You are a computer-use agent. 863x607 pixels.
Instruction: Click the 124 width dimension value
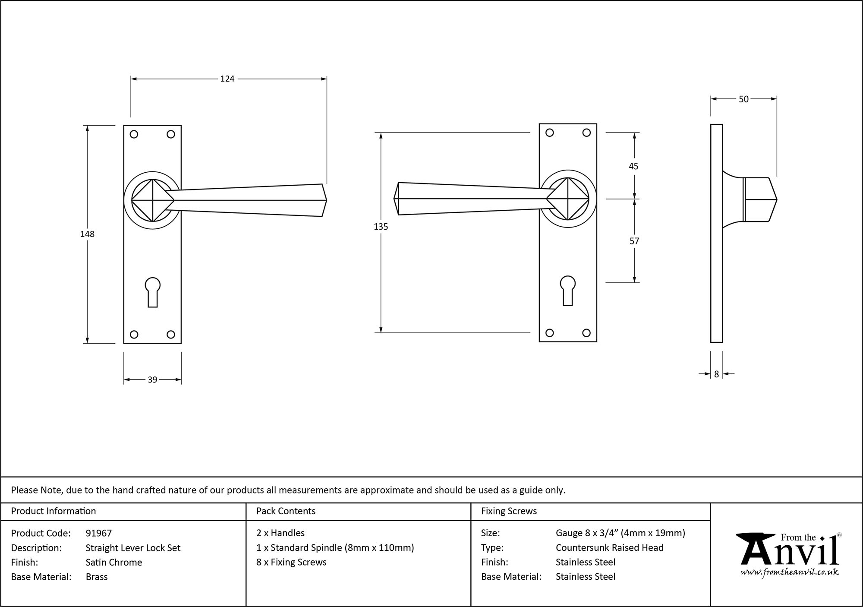click(227, 79)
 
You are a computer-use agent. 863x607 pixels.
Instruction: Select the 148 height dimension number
click(87, 234)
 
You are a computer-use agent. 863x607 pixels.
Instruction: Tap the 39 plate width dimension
click(152, 380)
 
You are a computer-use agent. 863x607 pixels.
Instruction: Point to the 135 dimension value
click(381, 227)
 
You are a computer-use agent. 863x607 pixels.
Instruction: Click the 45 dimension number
click(633, 166)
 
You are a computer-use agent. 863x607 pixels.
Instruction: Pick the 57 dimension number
click(634, 241)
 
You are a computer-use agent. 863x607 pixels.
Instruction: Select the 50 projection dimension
click(743, 99)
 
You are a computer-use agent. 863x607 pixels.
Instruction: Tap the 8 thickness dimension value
click(716, 374)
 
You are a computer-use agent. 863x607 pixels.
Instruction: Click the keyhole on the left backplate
click(152, 291)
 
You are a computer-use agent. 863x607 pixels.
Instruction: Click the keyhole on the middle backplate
click(568, 290)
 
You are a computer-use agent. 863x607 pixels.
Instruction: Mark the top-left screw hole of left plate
click(134, 134)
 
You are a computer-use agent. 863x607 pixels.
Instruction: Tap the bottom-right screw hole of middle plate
click(586, 333)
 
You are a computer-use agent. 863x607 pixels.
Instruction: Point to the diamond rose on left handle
click(152, 200)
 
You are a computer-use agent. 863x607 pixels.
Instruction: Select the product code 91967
click(98, 533)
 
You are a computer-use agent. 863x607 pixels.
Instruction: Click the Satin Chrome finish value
click(113, 562)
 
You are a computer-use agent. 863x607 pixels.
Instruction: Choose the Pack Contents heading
click(286, 511)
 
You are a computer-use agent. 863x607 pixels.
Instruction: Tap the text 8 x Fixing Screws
click(291, 562)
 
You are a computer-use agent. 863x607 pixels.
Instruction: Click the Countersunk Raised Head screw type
click(609, 547)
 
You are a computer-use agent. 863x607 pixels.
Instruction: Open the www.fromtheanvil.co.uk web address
click(789, 572)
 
